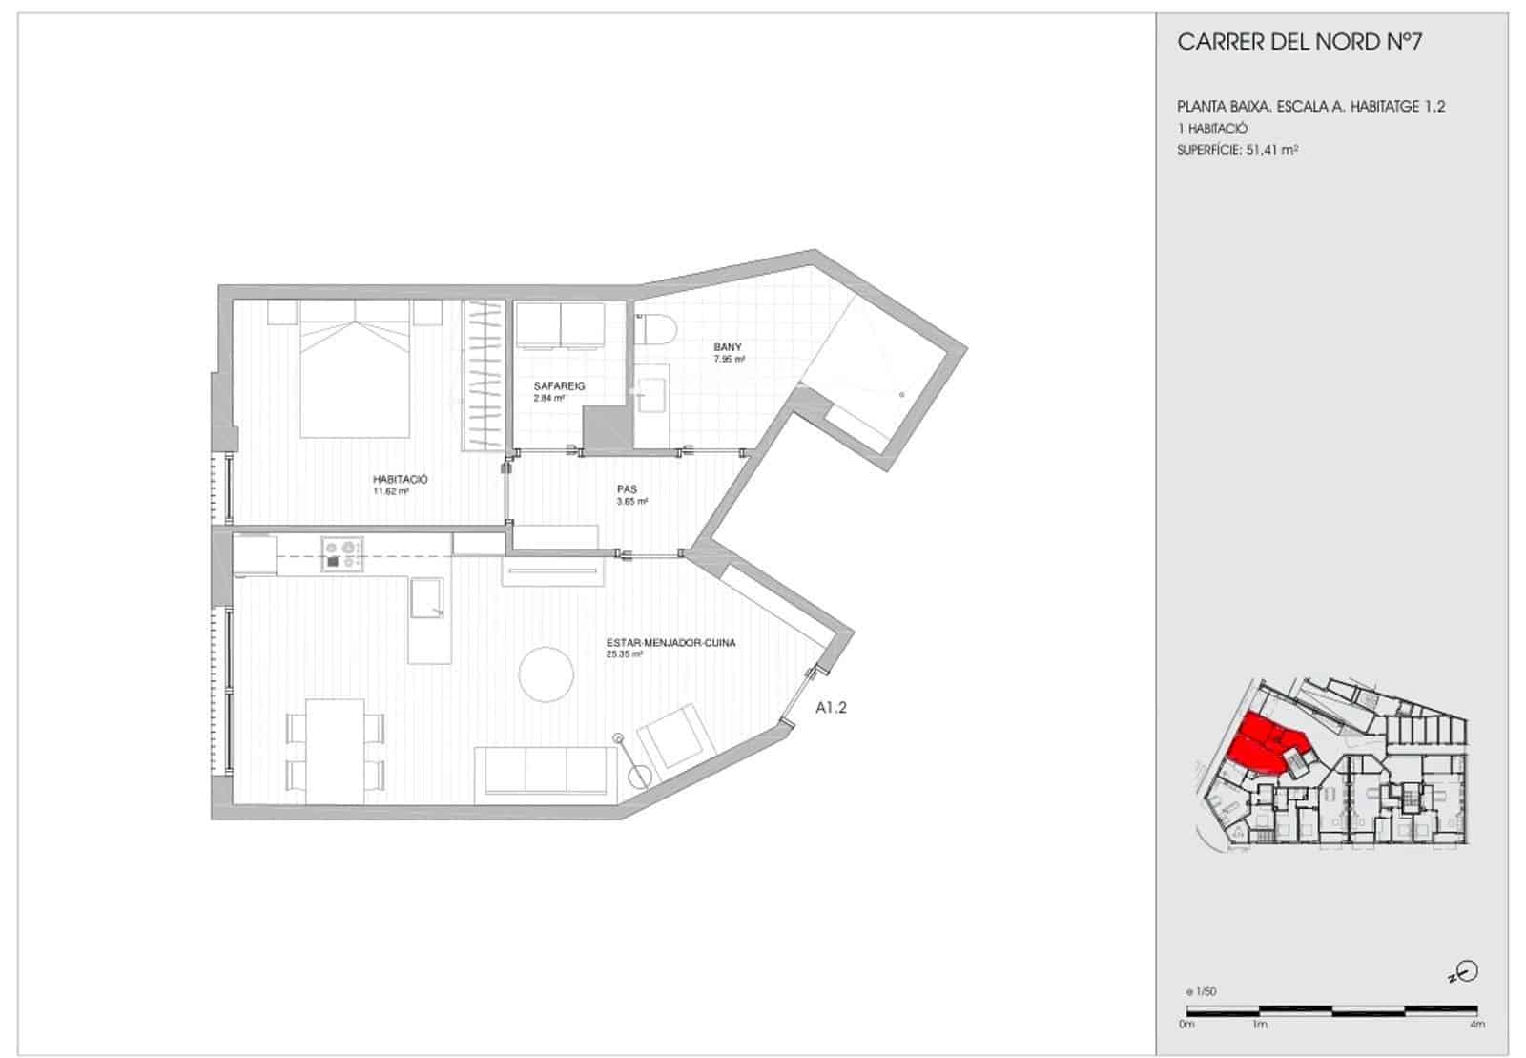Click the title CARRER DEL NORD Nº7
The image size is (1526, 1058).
[x=1300, y=42]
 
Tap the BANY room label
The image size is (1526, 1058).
[x=728, y=347]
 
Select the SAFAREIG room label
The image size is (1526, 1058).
[x=559, y=386]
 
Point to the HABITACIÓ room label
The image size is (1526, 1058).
[x=400, y=480]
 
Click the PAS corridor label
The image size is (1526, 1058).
[x=627, y=489]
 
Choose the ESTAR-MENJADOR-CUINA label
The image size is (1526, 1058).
[x=670, y=643]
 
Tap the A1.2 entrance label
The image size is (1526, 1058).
[x=831, y=708]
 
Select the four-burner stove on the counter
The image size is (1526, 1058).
[x=342, y=554]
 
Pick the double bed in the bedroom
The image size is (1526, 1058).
[x=356, y=367]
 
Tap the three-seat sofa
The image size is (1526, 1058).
[x=546, y=772]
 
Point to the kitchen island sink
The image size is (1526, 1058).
[x=426, y=597]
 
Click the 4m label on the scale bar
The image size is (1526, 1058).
[x=1476, y=1025]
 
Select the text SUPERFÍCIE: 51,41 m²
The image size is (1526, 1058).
[x=1238, y=149]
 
